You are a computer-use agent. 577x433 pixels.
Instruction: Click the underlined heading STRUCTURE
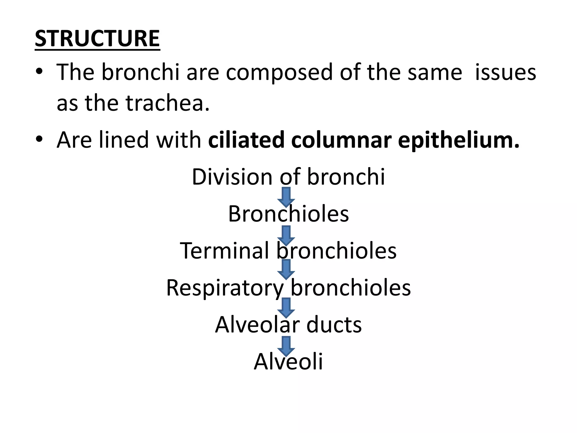[97, 39]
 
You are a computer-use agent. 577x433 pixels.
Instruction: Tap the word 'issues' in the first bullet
[505, 72]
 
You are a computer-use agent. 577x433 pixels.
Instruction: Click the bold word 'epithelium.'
[459, 140]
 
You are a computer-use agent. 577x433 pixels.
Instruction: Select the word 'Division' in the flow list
[232, 177]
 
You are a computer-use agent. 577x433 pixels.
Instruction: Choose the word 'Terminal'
[224, 251]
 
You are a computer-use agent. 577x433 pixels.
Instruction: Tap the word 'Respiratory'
[225, 288]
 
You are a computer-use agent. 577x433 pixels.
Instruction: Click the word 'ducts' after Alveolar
[334, 325]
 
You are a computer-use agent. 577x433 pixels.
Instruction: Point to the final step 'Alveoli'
[288, 362]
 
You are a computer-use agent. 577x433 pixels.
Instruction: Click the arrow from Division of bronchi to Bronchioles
[286, 197]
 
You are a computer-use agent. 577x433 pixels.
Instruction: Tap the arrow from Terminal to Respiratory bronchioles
[286, 269]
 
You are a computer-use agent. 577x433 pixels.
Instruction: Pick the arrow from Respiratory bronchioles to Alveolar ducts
[286, 308]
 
